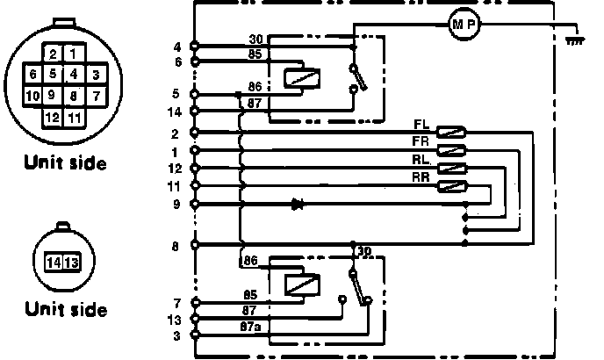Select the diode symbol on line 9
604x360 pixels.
click(298, 204)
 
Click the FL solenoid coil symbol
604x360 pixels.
click(452, 132)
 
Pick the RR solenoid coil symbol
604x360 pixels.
click(452, 185)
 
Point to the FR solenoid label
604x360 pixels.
click(421, 140)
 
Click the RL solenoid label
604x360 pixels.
click(421, 159)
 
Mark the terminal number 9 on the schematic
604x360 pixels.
click(177, 204)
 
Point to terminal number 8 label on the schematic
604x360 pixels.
click(177, 246)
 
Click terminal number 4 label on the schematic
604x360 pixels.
click(177, 46)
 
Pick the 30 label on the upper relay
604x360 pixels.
click(256, 38)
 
